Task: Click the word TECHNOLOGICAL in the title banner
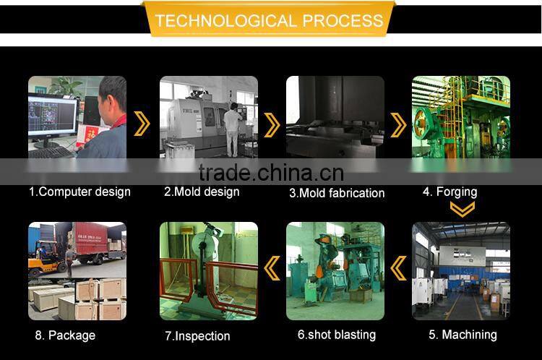225,20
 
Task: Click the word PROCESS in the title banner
343,20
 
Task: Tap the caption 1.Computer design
79,192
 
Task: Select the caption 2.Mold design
202,192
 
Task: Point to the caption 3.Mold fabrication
337,193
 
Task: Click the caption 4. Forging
449,192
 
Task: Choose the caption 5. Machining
463,335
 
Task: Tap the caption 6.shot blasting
337,335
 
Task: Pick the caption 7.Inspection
197,336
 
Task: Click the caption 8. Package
65,335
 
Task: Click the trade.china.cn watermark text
271,173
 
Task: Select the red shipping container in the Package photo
91,238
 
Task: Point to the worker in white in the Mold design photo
232,129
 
